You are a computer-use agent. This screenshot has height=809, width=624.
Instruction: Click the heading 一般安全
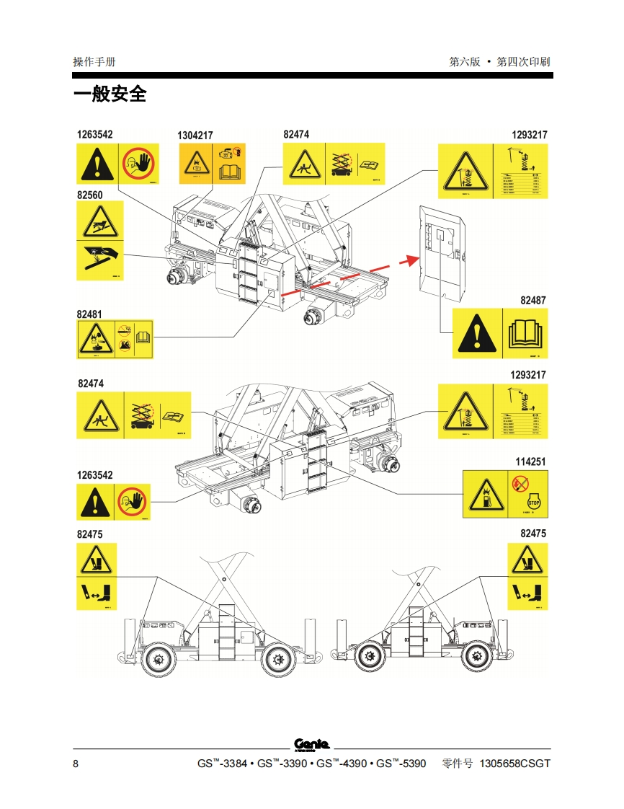click(110, 94)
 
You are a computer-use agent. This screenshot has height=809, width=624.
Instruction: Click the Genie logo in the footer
click(311, 744)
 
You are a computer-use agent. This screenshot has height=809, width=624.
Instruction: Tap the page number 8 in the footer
click(76, 764)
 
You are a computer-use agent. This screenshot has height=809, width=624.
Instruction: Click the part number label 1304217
click(195, 136)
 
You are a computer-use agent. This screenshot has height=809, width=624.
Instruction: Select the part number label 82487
click(533, 300)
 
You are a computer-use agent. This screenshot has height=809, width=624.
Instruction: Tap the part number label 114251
click(530, 461)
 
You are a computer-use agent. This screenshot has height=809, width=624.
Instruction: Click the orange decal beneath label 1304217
click(212, 164)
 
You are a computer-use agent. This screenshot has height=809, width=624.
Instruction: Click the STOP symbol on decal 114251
click(533, 502)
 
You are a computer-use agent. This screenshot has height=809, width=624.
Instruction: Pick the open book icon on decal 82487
click(523, 333)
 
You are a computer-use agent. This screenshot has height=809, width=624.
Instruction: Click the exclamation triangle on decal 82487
click(476, 333)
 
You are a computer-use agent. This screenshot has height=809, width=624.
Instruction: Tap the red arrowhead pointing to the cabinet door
click(412, 260)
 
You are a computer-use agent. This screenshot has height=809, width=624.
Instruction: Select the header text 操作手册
click(94, 62)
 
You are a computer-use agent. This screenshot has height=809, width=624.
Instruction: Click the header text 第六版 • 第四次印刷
click(499, 62)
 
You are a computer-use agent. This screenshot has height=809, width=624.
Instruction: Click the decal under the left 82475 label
click(97, 577)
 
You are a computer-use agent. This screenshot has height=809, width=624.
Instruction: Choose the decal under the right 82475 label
click(527, 577)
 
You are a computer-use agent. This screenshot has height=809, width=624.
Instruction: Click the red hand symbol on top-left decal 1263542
click(138, 164)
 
